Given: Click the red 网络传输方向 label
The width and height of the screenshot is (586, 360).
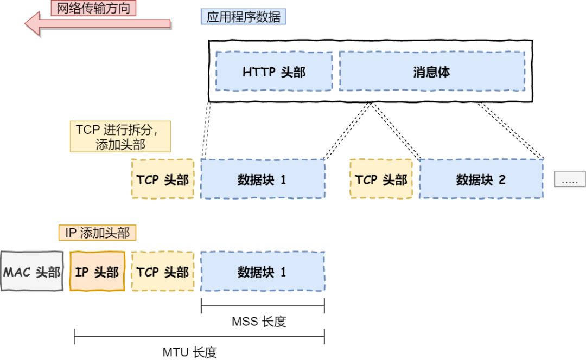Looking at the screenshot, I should pyautogui.click(x=93, y=8).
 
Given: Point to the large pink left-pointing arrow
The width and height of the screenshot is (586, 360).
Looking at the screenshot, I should pyautogui.click(x=98, y=24).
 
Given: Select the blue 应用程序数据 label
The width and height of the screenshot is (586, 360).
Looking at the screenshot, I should pyautogui.click(x=244, y=16).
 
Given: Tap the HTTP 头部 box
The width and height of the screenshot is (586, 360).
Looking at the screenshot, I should pyautogui.click(x=274, y=72).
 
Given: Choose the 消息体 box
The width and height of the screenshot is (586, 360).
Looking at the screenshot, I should pyautogui.click(x=431, y=72).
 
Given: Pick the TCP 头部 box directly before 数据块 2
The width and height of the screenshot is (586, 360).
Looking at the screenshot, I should pyautogui.click(x=381, y=179).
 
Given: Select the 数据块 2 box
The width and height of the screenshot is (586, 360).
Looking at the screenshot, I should pyautogui.click(x=481, y=179).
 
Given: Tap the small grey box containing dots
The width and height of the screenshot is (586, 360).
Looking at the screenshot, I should pyautogui.click(x=570, y=179).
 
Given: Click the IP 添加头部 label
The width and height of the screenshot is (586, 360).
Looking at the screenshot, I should pyautogui.click(x=97, y=233).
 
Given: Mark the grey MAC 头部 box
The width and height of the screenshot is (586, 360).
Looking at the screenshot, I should pyautogui.click(x=32, y=271).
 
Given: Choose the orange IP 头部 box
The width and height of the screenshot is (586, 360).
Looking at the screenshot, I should pyautogui.click(x=98, y=271).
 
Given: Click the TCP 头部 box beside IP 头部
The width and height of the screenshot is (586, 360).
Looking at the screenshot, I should pyautogui.click(x=163, y=271).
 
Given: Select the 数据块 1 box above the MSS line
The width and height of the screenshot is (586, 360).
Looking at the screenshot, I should pyautogui.click(x=263, y=271).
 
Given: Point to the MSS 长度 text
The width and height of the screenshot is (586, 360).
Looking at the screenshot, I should pyautogui.click(x=258, y=322).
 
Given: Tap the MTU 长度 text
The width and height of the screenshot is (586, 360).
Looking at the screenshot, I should pyautogui.click(x=189, y=352).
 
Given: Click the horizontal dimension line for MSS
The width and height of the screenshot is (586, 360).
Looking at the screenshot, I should pyautogui.click(x=263, y=307).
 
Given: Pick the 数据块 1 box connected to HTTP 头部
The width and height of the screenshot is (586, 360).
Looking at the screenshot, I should pyautogui.click(x=263, y=179).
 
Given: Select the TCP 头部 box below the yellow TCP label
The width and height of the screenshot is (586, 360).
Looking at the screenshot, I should pyautogui.click(x=163, y=179).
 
